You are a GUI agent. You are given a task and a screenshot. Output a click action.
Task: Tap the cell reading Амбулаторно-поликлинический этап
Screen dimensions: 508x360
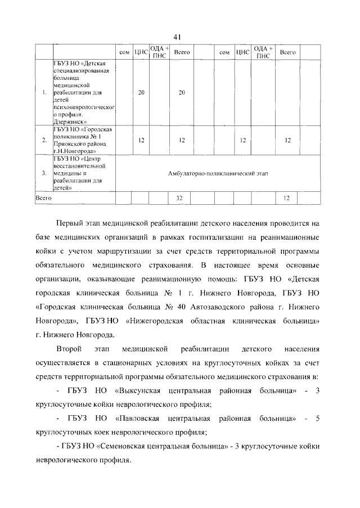click(x=218, y=174)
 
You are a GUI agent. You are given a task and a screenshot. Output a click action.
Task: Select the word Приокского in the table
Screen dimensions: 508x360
click(x=69, y=143)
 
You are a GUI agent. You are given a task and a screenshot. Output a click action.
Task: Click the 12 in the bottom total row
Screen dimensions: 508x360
click(x=287, y=198)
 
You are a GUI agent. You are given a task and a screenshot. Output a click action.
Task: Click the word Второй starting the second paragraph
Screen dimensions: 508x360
click(x=71, y=349)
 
